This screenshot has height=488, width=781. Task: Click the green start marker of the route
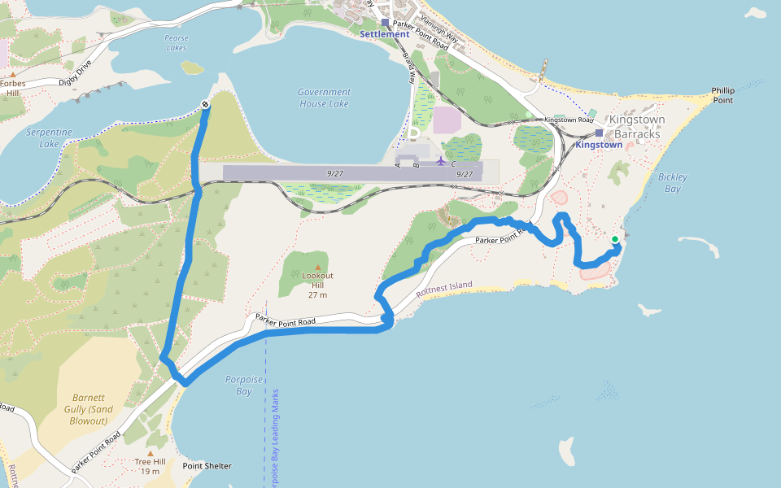coord(615,239)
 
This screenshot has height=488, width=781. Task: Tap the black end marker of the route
coord(205,104)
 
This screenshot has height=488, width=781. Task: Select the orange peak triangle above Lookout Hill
coord(317,268)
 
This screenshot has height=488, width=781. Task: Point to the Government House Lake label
coord(324,98)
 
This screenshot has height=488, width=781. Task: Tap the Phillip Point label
coord(722,95)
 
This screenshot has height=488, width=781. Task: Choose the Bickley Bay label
coord(673,182)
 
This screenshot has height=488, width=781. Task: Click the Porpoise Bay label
coord(238,385)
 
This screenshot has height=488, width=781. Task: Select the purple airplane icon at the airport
coord(441,160)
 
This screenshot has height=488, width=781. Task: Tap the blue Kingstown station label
coord(599,145)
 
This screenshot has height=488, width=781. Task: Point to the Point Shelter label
coord(207,466)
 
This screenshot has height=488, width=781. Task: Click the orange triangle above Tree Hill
coord(150,453)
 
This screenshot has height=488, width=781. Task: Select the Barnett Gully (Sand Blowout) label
coord(87,409)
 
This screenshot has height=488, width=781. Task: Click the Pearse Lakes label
coord(175,43)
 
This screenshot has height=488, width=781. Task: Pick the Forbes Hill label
coord(12,88)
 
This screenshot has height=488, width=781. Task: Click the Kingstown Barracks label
coord(638,126)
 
